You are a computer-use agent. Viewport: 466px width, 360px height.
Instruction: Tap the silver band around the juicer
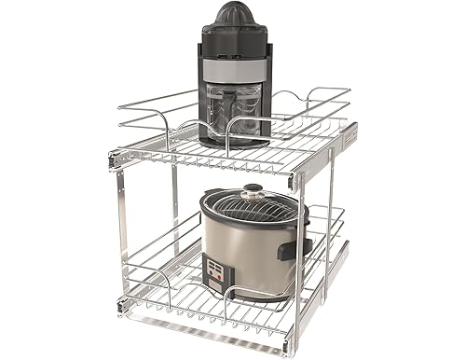click(x=232, y=71)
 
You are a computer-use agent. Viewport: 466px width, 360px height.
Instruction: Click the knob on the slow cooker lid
click(x=253, y=192)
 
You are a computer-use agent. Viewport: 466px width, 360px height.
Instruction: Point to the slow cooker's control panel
click(x=218, y=271)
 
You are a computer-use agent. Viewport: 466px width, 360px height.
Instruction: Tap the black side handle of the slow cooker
click(x=304, y=247)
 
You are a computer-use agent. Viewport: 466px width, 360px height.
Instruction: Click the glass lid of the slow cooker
click(x=252, y=205)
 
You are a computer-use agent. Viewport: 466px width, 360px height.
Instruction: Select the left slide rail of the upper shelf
click(x=116, y=159)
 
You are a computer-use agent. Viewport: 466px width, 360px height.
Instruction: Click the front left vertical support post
click(x=125, y=233)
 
